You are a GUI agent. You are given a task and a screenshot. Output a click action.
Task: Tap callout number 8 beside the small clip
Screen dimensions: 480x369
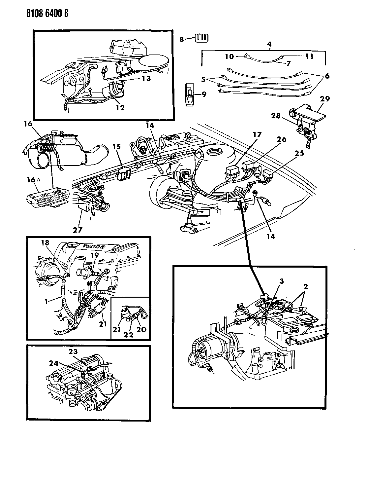click(182, 39)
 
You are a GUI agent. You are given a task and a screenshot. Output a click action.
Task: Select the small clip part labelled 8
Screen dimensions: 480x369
click(199, 38)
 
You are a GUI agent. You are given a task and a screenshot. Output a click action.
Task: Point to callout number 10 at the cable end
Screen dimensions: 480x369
click(230, 56)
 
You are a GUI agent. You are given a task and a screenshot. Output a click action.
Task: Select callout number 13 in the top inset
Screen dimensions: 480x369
click(146, 79)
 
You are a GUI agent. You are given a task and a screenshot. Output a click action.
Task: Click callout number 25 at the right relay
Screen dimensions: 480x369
click(299, 153)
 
